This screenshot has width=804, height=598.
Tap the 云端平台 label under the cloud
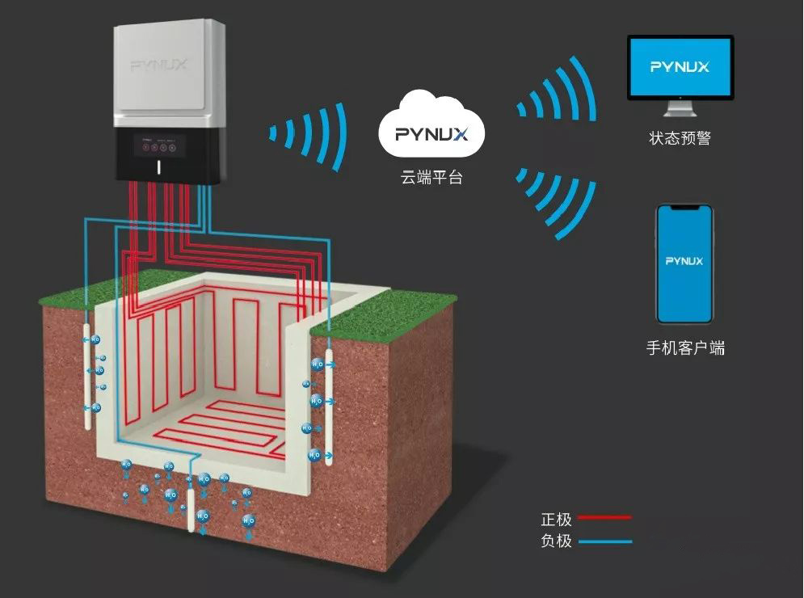click(431, 178)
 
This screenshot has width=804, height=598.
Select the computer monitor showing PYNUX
click(680, 68)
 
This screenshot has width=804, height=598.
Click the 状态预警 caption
click(680, 138)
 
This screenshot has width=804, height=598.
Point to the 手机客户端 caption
click(685, 349)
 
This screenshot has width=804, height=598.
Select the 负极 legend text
click(556, 541)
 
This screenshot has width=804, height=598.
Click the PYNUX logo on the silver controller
click(159, 65)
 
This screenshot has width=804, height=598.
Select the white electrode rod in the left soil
click(87, 372)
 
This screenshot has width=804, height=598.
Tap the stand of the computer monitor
click(680, 109)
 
